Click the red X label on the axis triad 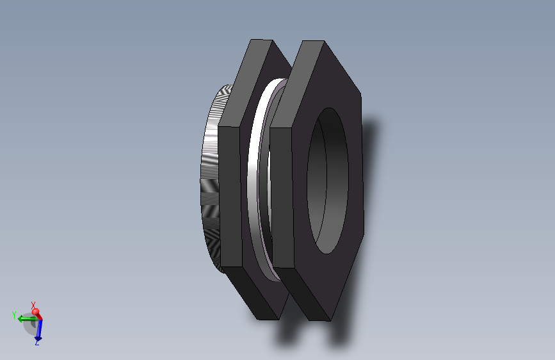click(x=33, y=305)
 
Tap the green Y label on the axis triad click(x=13, y=315)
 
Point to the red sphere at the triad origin click(x=36, y=313)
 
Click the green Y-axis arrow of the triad click(x=26, y=318)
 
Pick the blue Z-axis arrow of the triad click(x=38, y=331)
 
